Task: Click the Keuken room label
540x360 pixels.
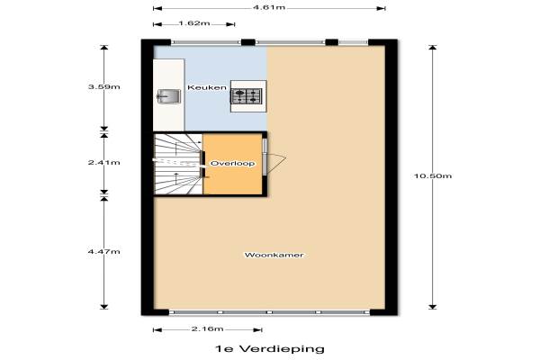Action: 207,87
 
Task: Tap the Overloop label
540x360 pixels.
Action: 233,163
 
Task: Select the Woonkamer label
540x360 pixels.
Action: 274,256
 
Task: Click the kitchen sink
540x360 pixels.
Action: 169,96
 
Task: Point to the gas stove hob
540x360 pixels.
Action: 247,96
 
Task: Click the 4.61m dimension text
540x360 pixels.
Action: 269,7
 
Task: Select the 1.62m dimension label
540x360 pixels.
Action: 194,23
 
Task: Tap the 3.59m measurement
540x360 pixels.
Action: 104,86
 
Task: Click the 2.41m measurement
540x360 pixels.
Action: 104,162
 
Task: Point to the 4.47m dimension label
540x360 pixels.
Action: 104,252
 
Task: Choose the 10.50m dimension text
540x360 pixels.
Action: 433,176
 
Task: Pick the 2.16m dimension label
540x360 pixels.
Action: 208,329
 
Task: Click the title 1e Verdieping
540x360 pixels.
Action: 270,348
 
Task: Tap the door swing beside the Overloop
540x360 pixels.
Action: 275,163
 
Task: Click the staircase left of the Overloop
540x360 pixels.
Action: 177,164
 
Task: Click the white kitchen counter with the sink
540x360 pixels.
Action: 169,95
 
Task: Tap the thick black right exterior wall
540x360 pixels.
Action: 391,177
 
